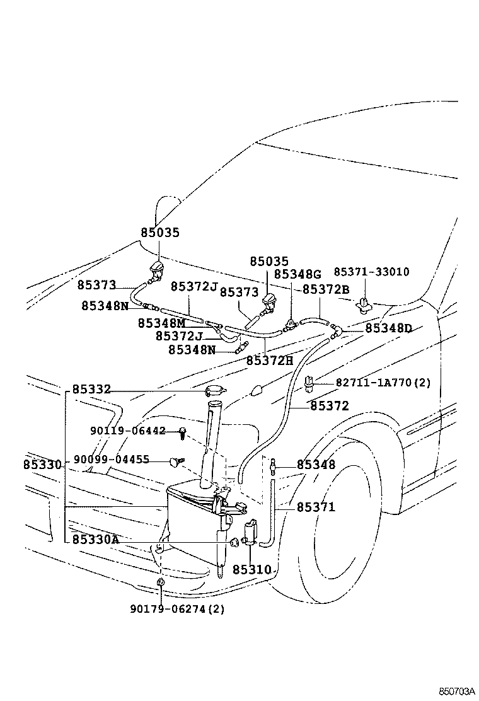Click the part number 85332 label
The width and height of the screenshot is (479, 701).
click(x=91, y=390)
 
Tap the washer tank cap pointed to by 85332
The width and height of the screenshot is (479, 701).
click(x=215, y=391)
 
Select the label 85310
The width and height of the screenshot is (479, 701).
click(x=251, y=570)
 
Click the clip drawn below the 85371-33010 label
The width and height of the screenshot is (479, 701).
click(x=363, y=304)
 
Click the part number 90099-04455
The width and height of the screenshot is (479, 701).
click(x=111, y=460)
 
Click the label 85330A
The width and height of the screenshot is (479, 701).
click(x=95, y=540)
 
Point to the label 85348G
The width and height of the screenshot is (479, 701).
click(x=297, y=274)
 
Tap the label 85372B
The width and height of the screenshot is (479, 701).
click(x=326, y=289)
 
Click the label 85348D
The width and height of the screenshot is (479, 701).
click(x=388, y=328)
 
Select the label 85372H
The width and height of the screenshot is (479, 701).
click(x=269, y=360)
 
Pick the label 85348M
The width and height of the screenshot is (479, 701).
click(x=161, y=323)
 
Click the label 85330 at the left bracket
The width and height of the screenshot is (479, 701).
click(x=42, y=465)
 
